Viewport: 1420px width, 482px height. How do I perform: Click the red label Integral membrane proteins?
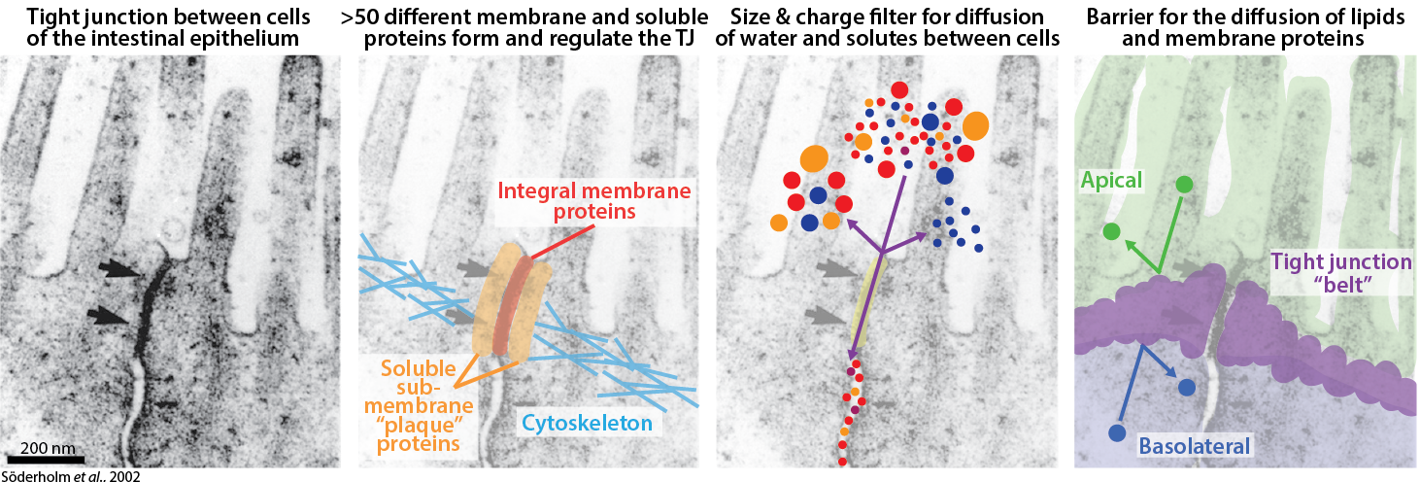593,201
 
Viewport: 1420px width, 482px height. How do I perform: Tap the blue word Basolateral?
1195,446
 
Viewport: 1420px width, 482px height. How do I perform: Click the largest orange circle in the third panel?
975,125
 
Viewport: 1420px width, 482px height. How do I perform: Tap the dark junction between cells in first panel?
149,311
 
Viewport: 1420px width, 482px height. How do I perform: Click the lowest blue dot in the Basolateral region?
1116,432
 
